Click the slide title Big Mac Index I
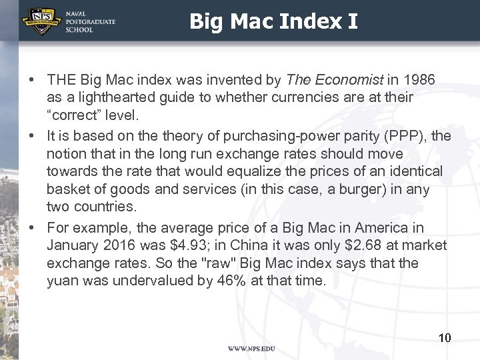click(x=273, y=21)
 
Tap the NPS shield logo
click(x=41, y=21)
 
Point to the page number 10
click(x=445, y=338)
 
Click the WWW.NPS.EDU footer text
click(x=251, y=349)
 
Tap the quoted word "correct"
click(x=77, y=115)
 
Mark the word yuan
click(x=62, y=281)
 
